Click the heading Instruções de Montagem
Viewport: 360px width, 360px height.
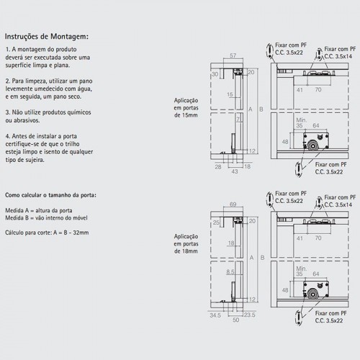coord(47,37)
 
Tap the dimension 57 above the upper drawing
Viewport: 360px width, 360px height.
coord(233,55)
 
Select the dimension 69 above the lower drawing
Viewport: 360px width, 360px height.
coord(233,204)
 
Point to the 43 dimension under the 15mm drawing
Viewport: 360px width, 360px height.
coord(235,171)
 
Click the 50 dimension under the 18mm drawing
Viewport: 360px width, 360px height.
coord(235,320)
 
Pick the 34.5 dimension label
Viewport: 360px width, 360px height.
coord(215,315)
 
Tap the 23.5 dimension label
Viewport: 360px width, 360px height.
coord(250,315)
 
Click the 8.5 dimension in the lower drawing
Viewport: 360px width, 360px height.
coord(230,272)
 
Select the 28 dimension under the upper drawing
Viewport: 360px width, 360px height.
coord(218,167)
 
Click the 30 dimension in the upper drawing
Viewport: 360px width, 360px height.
coord(215,74)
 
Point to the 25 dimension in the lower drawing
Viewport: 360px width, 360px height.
coord(216,222)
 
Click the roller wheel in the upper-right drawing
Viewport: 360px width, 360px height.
coord(312,146)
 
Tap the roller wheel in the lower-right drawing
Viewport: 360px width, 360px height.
coord(312,294)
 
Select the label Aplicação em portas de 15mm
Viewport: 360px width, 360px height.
coord(186,108)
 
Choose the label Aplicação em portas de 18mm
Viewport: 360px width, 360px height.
coord(186,244)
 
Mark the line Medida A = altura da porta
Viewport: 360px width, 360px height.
coord(39,210)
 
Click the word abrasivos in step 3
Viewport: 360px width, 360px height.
coord(27,120)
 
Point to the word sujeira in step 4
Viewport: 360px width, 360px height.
coord(36,160)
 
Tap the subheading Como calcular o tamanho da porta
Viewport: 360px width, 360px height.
coord(50,195)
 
